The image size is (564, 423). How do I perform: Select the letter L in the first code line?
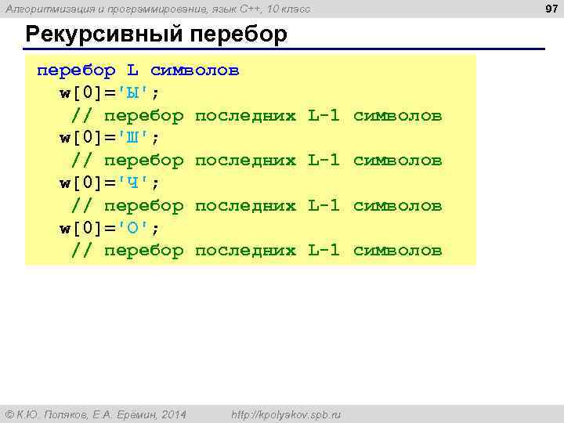133,70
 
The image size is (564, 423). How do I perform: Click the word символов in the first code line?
195,70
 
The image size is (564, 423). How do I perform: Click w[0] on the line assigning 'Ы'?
81,93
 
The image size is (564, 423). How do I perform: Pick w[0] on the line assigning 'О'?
81,228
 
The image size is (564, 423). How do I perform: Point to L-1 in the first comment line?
324,116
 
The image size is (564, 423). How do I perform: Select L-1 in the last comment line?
324,251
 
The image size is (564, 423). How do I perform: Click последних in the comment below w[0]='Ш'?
245,161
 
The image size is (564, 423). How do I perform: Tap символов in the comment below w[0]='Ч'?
398,205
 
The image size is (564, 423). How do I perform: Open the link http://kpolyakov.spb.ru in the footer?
286,414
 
